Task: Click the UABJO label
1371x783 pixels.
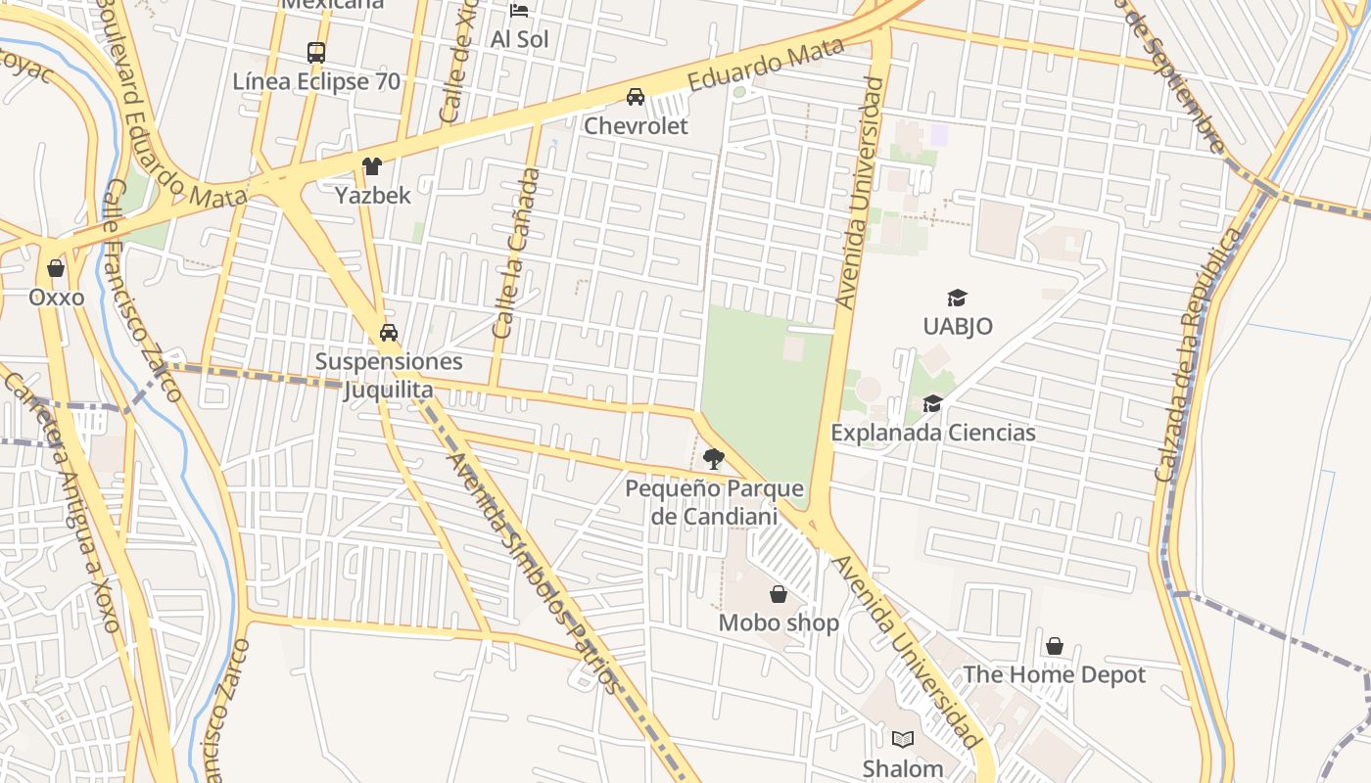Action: click(x=957, y=326)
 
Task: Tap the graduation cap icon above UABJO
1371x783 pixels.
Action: click(x=957, y=298)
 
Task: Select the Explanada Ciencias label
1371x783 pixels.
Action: click(x=932, y=432)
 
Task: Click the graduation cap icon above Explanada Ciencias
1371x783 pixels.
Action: click(x=932, y=403)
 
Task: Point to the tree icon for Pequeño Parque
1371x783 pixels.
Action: click(x=714, y=458)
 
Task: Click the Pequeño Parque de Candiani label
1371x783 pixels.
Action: click(x=714, y=502)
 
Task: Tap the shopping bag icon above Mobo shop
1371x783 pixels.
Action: click(x=779, y=594)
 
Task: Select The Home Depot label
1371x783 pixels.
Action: click(x=1054, y=674)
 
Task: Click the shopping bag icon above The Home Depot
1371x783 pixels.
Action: click(x=1055, y=646)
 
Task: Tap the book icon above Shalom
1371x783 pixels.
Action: click(x=903, y=740)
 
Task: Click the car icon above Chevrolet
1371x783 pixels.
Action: click(x=636, y=97)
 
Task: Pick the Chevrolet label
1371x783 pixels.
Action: click(x=636, y=125)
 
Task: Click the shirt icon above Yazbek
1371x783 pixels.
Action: click(x=371, y=166)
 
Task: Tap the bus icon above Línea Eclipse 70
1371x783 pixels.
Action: click(x=315, y=53)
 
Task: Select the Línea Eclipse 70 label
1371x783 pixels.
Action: click(x=316, y=81)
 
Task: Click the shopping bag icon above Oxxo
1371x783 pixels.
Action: click(x=56, y=268)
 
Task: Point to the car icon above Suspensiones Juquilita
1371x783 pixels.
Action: click(x=389, y=333)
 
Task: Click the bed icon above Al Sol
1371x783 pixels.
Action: click(x=519, y=11)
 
